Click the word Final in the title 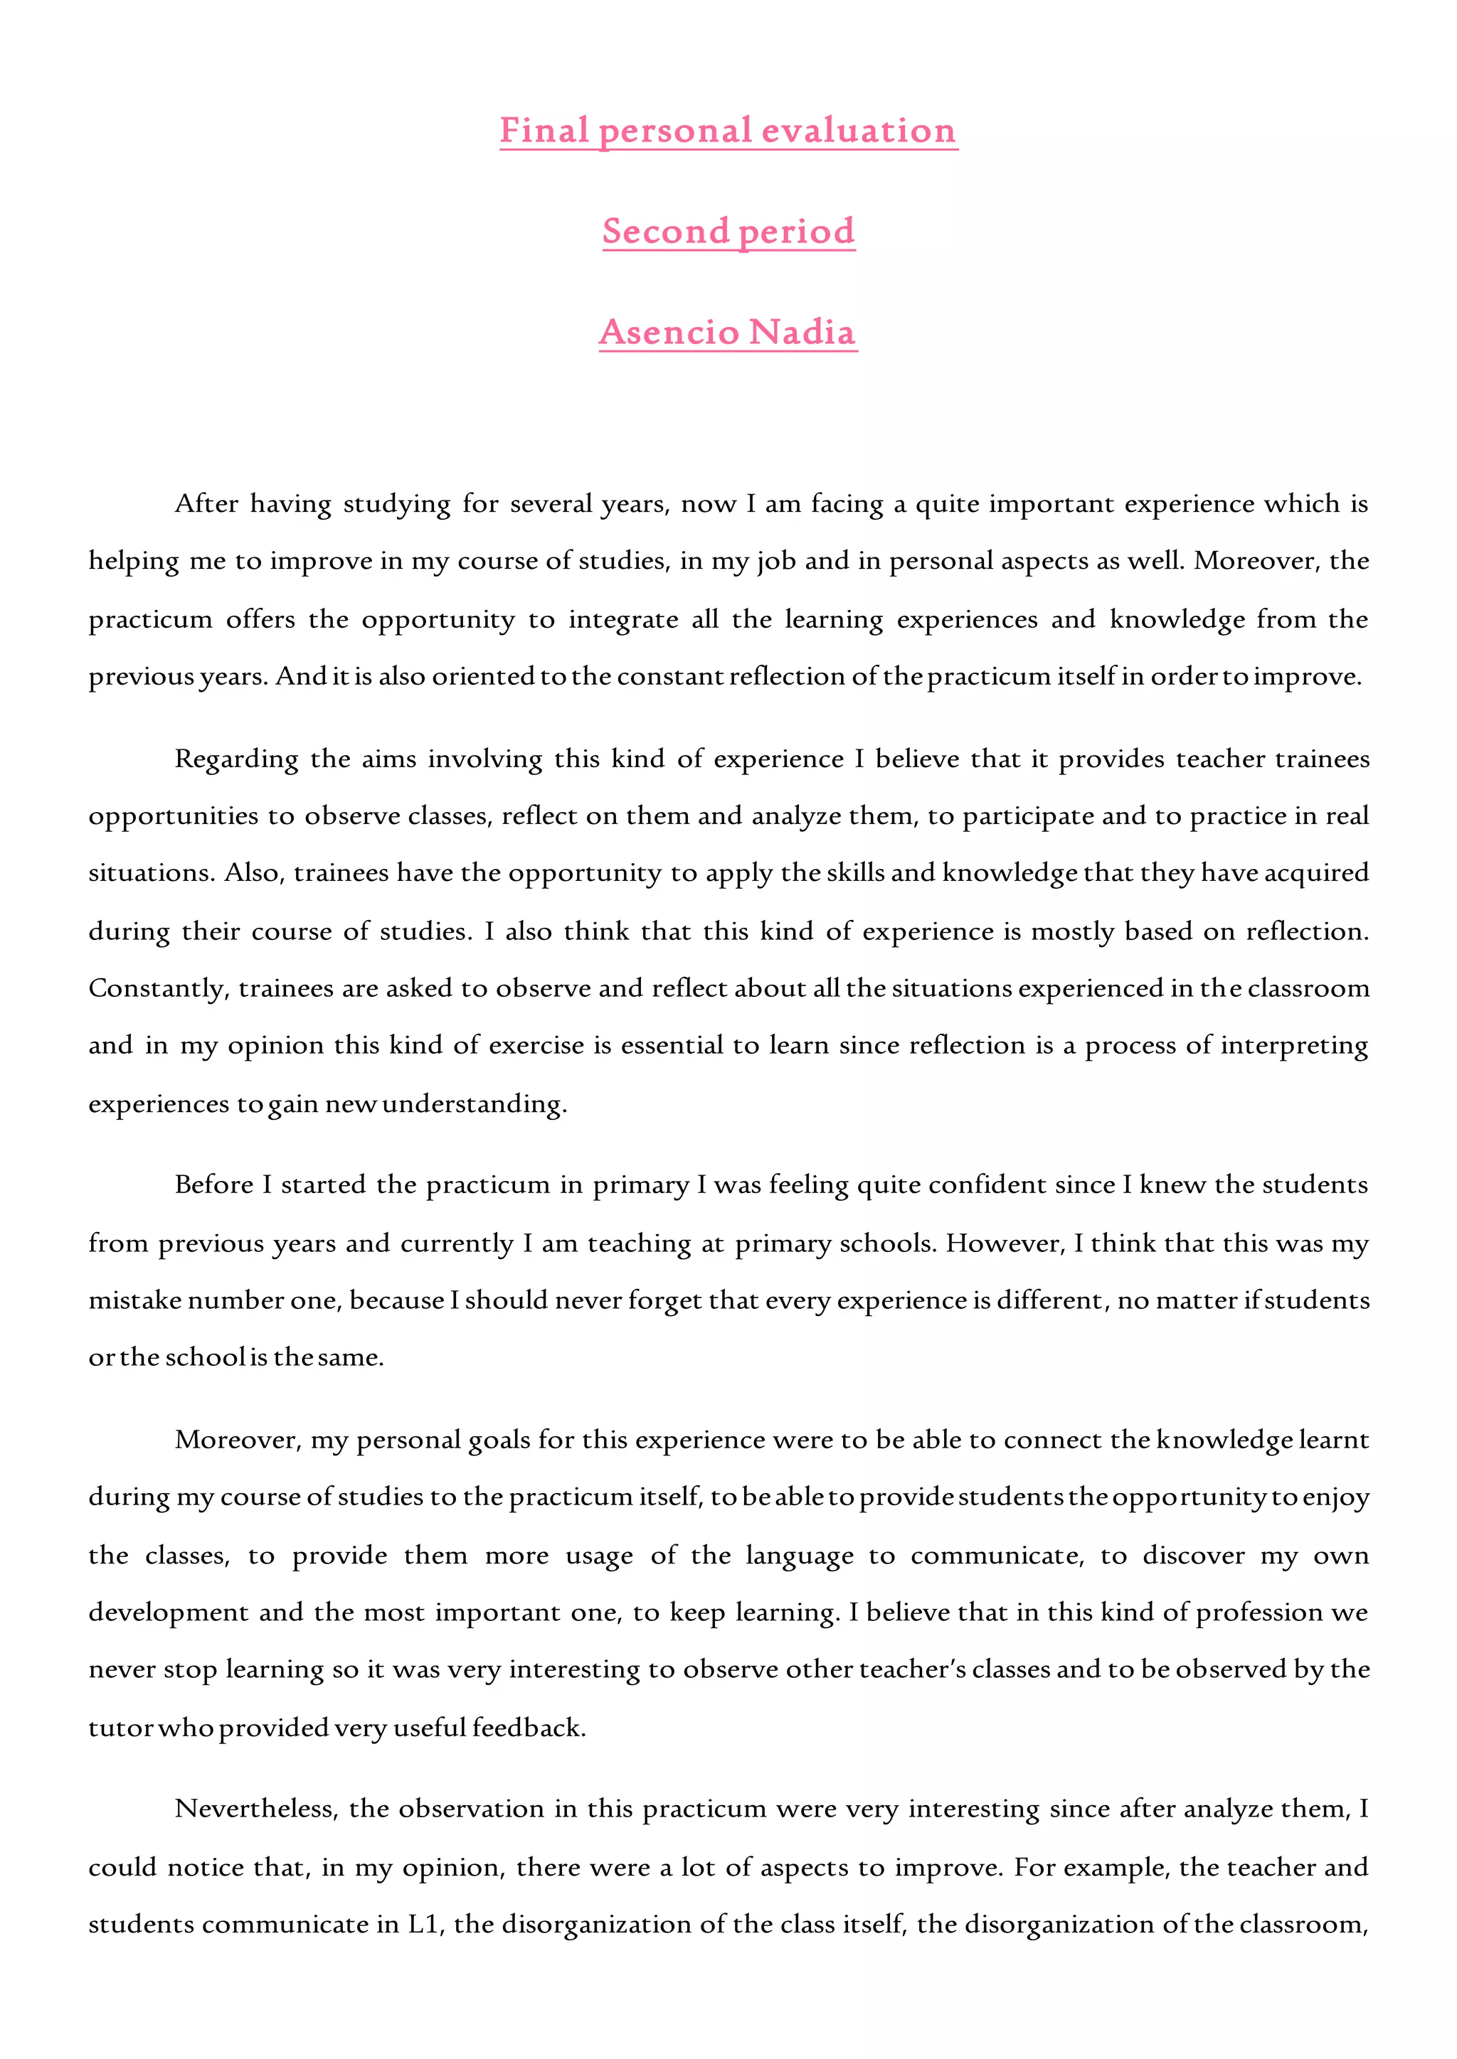544,131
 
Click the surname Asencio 669,332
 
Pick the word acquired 1316,874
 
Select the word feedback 529,1728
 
